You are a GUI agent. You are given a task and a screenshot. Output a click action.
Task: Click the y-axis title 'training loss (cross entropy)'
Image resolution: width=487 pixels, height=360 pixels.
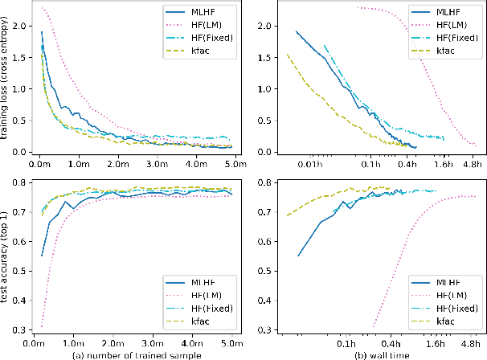point(6,81)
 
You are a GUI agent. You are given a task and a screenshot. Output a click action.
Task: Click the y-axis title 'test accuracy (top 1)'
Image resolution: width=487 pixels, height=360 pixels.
point(6,256)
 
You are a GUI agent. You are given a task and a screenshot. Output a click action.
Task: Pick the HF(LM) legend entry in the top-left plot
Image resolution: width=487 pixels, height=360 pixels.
point(207,25)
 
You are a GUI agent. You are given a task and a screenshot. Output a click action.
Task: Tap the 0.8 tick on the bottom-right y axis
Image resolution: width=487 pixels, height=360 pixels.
point(263,182)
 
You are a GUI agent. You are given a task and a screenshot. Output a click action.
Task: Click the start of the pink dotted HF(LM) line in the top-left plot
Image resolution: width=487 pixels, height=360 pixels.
point(42,8)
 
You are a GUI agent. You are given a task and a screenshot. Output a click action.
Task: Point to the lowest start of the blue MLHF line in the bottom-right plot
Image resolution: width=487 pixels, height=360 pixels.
point(298,256)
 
